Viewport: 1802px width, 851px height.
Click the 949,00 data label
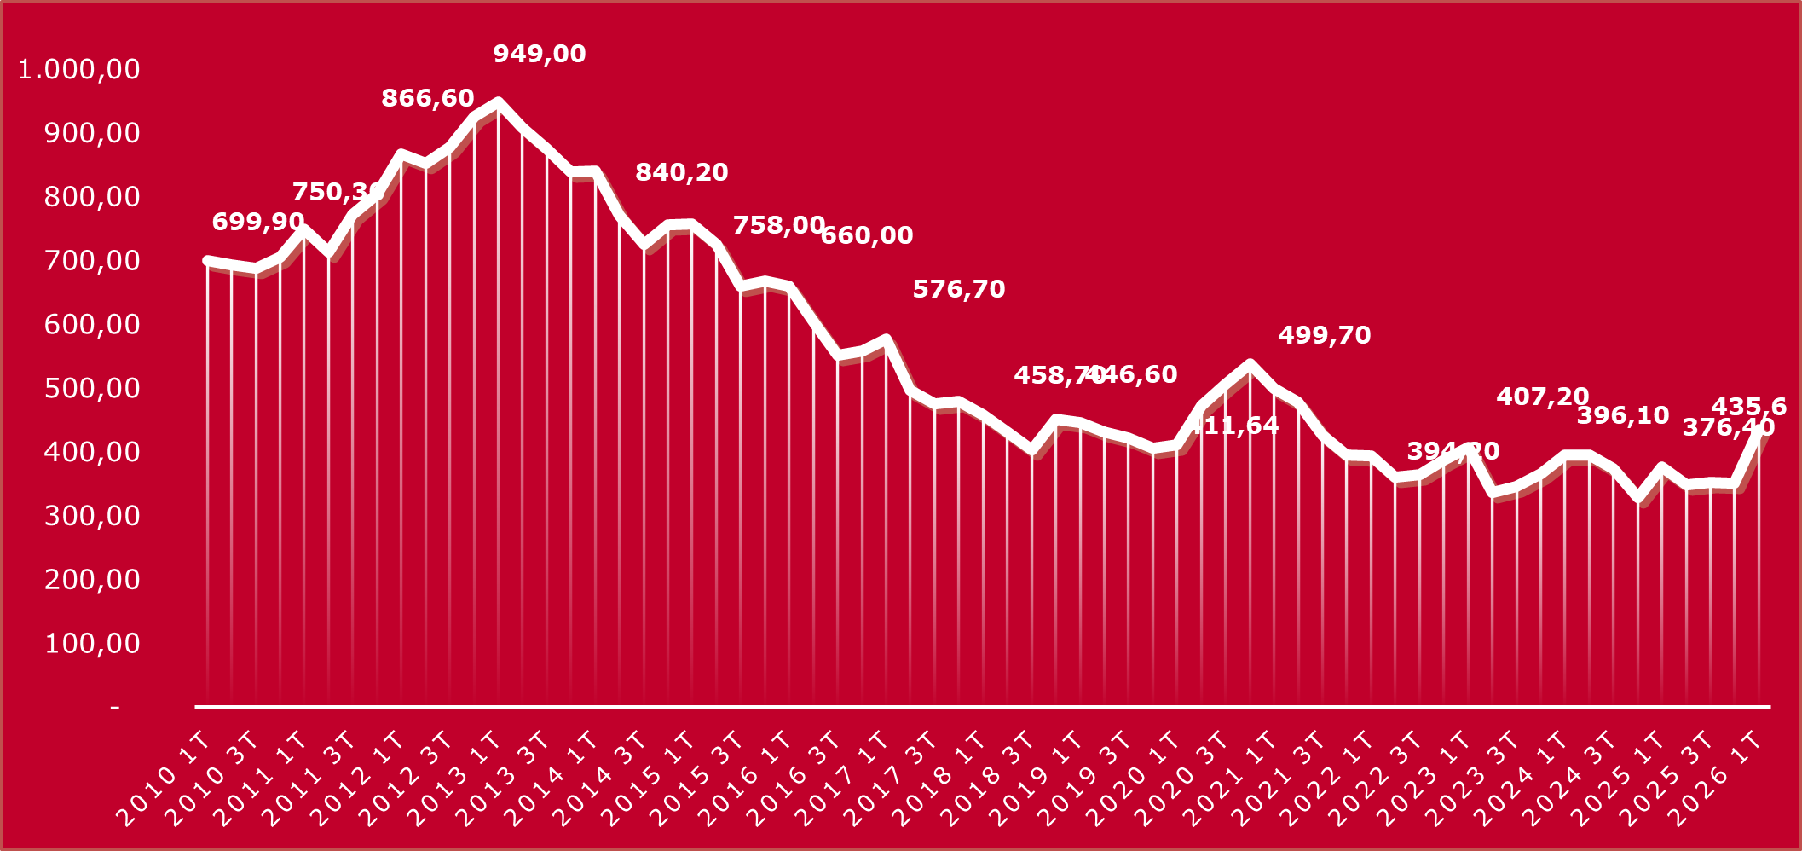coord(540,54)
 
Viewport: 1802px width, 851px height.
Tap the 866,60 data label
coord(427,98)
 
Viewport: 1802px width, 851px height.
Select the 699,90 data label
coord(257,222)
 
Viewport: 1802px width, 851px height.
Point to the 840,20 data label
coord(681,172)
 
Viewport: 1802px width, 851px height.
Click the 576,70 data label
coord(958,289)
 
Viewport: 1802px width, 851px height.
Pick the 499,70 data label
coord(1324,335)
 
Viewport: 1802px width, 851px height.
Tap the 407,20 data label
coord(1542,397)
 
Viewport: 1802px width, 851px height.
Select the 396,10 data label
coord(1622,415)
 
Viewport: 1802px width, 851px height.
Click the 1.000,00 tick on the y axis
coord(79,69)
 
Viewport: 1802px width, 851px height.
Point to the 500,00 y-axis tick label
coord(92,388)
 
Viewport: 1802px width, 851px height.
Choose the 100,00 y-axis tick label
coord(92,643)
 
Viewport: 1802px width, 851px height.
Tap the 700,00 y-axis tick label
coord(92,260)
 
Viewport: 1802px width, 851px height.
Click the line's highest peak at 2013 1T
coord(499,102)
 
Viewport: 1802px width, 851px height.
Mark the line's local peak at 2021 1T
coord(1250,364)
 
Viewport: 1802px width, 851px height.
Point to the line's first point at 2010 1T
coord(207,260)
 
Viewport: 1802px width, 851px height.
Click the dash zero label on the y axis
coord(114,707)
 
